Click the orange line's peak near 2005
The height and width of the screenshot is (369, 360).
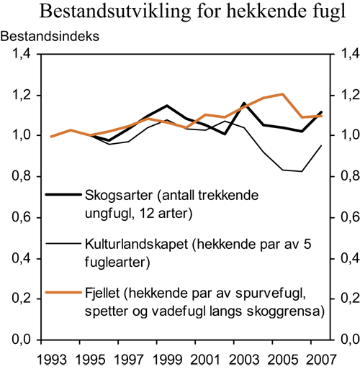point(282,94)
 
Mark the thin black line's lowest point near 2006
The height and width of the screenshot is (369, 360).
point(302,171)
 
